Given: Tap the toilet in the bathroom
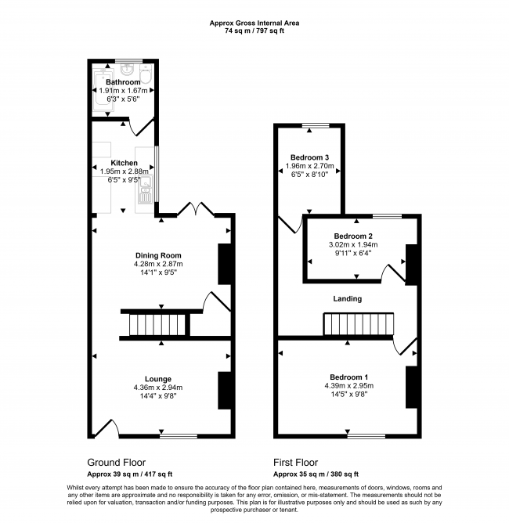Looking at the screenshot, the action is click(146, 74).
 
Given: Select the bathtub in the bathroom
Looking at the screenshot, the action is click(104, 91).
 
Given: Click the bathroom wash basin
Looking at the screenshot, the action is click(127, 70).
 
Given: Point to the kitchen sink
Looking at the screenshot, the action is click(146, 189).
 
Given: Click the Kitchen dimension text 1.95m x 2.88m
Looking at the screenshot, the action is click(124, 171).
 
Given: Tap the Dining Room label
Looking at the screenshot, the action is click(158, 255).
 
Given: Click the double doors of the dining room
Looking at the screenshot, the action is click(196, 209).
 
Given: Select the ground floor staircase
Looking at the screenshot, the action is click(157, 325).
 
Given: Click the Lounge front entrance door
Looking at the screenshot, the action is click(106, 428).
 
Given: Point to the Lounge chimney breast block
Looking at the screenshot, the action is click(224, 390).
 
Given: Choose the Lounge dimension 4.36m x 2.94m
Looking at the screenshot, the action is click(157, 388).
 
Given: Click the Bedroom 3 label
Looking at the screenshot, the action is click(309, 157).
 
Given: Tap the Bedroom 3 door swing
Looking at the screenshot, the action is click(291, 224).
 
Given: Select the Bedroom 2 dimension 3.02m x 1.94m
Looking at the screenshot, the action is click(353, 244).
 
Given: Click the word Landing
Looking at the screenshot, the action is click(347, 299).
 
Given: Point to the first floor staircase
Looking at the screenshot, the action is click(359, 324).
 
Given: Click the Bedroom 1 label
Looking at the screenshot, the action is click(349, 377).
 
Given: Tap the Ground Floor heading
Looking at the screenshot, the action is click(117, 463).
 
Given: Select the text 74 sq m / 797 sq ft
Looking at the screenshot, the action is click(254, 31).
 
